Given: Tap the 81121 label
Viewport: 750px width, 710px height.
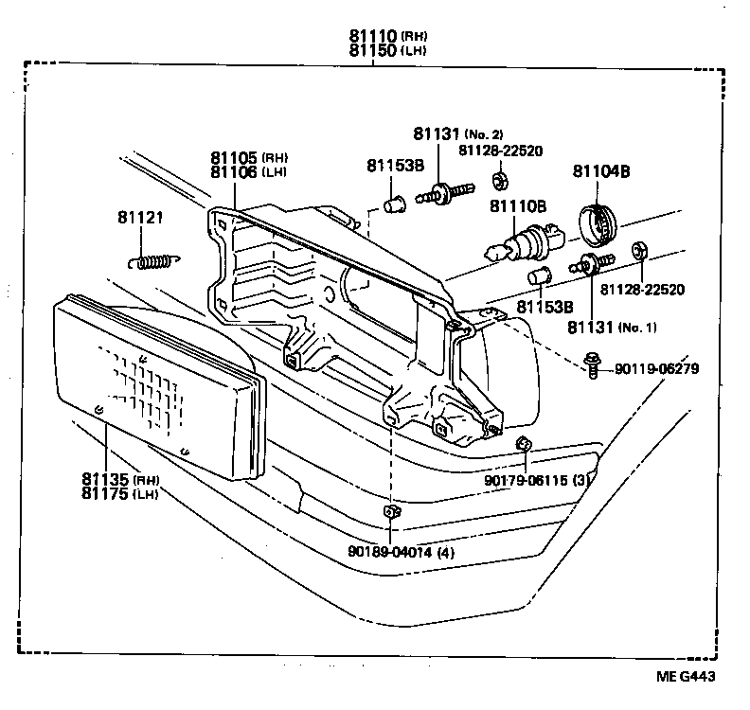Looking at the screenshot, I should pyautogui.click(x=140, y=218).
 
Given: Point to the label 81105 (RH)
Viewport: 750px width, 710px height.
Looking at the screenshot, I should pyautogui.click(x=235, y=157).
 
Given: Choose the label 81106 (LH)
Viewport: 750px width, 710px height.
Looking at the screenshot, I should pyautogui.click(x=235, y=171).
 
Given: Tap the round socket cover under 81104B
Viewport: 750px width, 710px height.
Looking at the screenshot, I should pyautogui.click(x=598, y=221).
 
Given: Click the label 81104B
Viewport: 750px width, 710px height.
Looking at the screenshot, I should pyautogui.click(x=600, y=171).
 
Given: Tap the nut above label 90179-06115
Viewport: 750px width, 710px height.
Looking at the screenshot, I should pyautogui.click(x=522, y=443).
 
